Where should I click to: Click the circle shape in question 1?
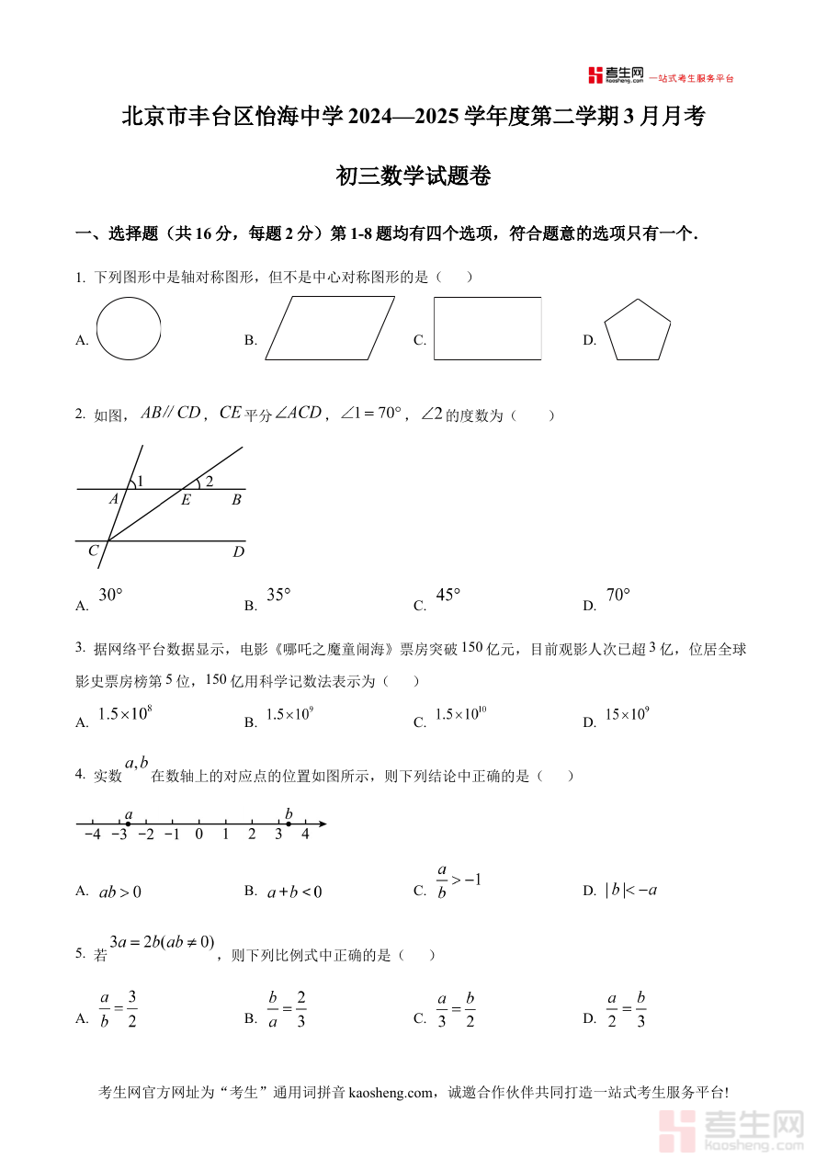point(129,328)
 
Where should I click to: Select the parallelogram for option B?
point(330,327)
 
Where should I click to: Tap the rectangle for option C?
point(487,328)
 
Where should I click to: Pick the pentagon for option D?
point(637,331)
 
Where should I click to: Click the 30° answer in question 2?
point(110,595)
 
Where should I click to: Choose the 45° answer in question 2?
point(447,595)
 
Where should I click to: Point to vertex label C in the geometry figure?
point(93,551)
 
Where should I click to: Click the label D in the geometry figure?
point(238,551)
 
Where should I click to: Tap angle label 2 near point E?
point(209,481)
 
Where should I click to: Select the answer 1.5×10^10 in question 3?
point(460,714)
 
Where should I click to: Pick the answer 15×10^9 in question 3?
point(627,714)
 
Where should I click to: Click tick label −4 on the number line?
point(92,835)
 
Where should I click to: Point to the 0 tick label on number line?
point(198,835)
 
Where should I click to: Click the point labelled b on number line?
point(289,824)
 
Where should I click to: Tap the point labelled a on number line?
point(128,824)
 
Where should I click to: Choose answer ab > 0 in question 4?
point(119,892)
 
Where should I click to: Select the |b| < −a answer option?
point(631,890)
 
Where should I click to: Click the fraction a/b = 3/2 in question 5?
point(118,1009)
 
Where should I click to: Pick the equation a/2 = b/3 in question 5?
point(626,1009)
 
